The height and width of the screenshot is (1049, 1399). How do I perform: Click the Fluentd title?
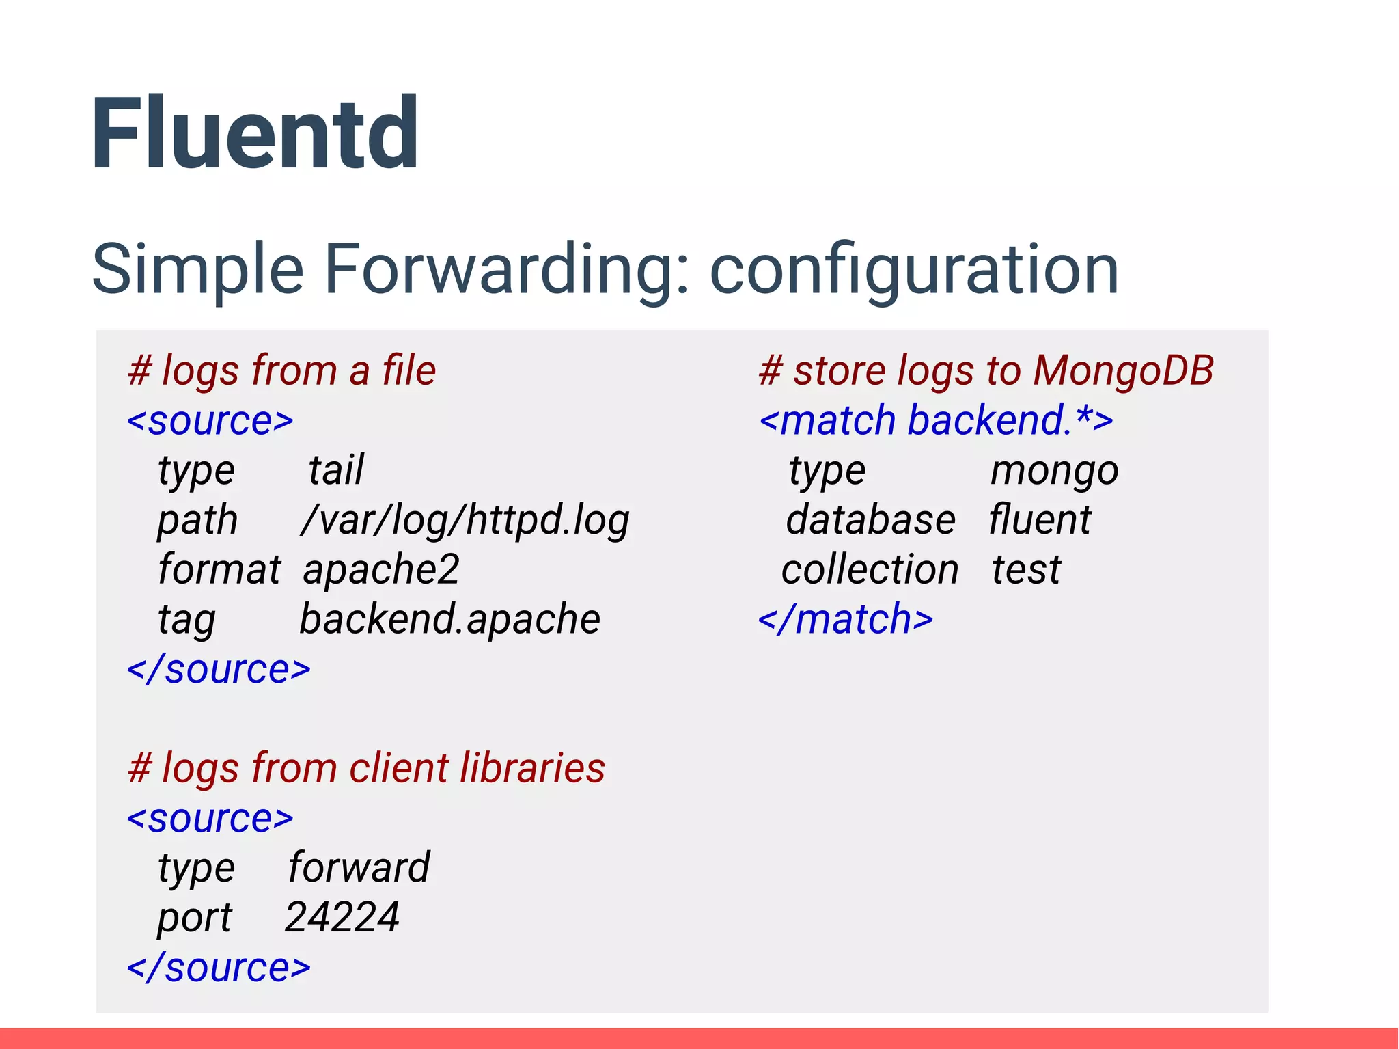tap(254, 133)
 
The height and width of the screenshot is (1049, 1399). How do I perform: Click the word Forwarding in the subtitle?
tap(506, 269)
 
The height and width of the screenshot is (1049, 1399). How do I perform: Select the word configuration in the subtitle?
tap(913, 271)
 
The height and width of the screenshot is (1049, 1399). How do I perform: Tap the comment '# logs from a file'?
tap(281, 370)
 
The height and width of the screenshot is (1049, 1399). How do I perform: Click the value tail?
tap(335, 470)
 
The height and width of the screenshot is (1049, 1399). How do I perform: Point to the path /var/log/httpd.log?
tap(465, 521)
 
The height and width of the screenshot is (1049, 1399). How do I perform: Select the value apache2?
tap(380, 570)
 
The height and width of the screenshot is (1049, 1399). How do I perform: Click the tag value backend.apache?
tap(449, 619)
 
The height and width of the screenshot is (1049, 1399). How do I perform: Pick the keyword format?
tap(219, 569)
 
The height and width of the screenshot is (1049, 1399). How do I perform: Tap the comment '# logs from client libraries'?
tap(366, 767)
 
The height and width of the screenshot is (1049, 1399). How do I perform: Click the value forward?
tap(359, 867)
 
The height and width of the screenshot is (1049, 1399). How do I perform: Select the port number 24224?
tap(342, 917)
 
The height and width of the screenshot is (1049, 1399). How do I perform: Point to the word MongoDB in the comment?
tap(1123, 370)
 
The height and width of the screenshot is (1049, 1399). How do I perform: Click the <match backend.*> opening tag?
tap(936, 420)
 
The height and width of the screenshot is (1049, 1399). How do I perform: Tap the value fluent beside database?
tap(1040, 520)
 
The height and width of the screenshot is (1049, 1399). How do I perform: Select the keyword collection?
tap(870, 570)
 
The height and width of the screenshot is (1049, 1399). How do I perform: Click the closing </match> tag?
tap(846, 619)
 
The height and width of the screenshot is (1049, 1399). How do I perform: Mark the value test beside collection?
tap(1026, 570)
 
